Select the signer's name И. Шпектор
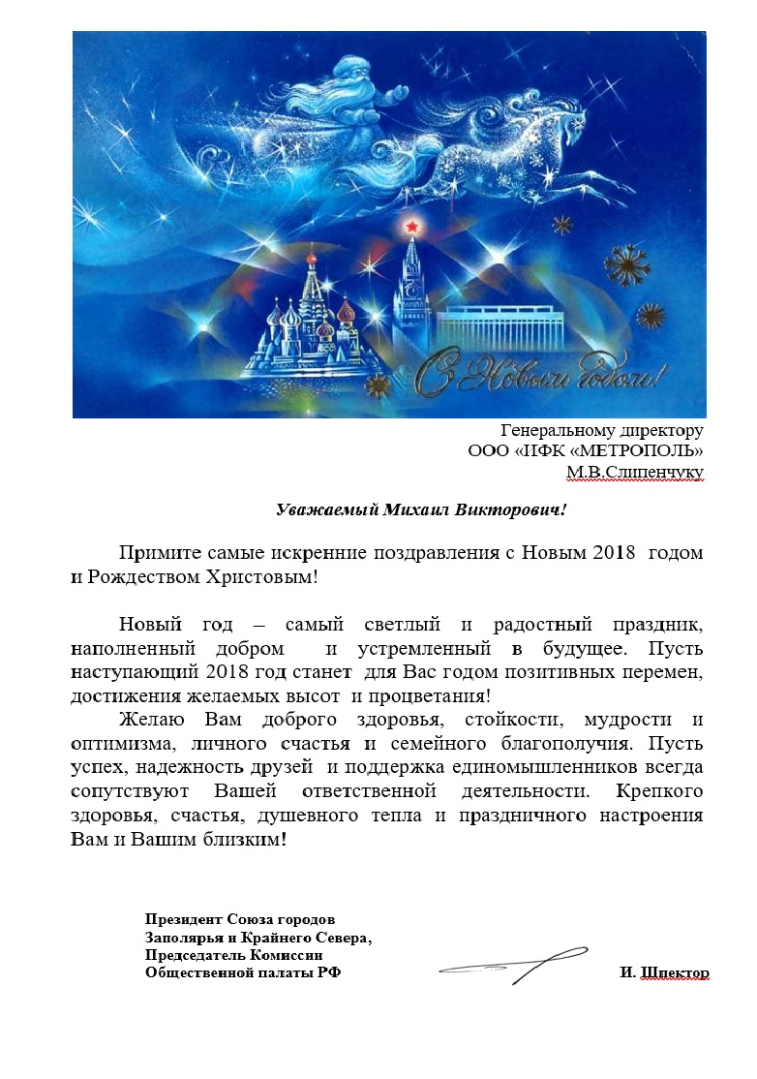coord(664,972)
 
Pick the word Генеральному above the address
coord(549,430)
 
